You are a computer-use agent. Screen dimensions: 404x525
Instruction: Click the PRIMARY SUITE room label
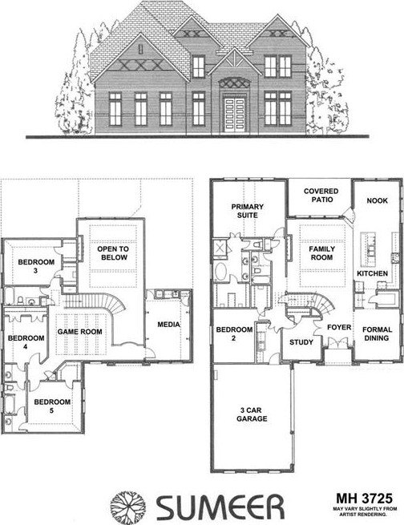tap(248, 211)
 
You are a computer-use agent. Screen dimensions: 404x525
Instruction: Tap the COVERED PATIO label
tap(321, 196)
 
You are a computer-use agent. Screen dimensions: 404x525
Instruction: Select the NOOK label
tap(377, 200)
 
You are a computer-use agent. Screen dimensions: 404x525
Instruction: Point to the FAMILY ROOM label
tap(321, 253)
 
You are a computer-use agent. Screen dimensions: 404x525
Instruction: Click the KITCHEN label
tap(372, 273)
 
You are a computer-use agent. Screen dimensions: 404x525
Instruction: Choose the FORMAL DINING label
tap(377, 333)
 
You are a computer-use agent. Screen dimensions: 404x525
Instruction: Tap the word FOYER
tap(339, 327)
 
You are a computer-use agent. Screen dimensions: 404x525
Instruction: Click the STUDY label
tap(301, 342)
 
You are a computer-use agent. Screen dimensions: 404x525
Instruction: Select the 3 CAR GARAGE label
tap(252, 414)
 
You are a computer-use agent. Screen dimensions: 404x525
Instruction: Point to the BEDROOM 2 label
tap(234, 333)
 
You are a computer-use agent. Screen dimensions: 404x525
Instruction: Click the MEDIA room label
tap(168, 325)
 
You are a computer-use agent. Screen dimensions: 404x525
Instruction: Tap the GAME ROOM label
tap(79, 332)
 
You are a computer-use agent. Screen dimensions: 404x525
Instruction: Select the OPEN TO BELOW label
tap(113, 253)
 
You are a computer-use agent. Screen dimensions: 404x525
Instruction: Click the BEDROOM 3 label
tap(36, 266)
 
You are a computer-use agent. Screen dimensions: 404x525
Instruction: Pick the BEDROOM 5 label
tap(52, 406)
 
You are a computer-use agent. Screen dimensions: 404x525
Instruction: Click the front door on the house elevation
tap(235, 115)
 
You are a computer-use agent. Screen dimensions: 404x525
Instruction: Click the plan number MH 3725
tap(364, 499)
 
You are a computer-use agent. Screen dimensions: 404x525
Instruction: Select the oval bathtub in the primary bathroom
tap(220, 272)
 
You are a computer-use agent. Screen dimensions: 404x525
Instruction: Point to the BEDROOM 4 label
tap(26, 342)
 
